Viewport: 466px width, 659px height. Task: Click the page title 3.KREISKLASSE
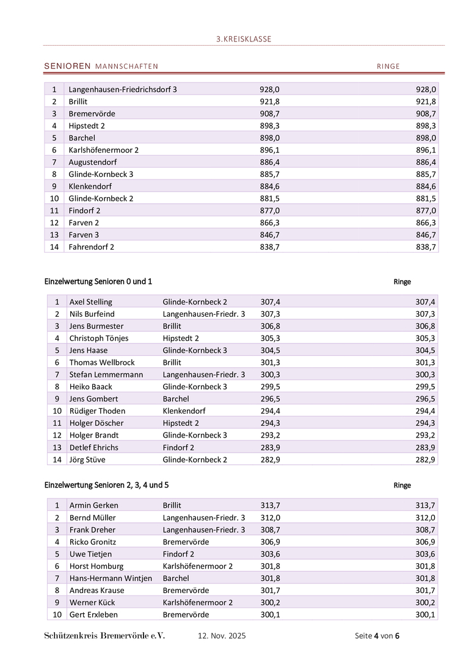click(244, 39)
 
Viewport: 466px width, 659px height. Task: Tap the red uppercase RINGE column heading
click(388, 66)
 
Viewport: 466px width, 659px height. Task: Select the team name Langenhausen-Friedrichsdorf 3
click(123, 89)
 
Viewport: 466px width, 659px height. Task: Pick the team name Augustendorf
click(92, 162)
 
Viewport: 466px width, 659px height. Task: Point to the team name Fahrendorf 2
click(92, 247)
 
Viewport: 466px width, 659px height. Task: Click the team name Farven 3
click(84, 235)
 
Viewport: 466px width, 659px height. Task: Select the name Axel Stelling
click(91, 301)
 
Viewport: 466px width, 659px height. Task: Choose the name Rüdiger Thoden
click(97, 411)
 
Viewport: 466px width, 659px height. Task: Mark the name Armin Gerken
click(94, 505)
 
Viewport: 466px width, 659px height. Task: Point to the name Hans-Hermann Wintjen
click(111, 578)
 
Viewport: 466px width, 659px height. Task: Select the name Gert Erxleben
click(93, 614)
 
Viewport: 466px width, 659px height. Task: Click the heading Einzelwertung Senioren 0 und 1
click(98, 281)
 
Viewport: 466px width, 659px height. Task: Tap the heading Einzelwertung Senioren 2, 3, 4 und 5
click(107, 485)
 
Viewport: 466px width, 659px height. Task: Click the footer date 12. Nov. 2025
click(222, 636)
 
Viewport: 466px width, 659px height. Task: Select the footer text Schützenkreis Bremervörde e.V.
click(104, 636)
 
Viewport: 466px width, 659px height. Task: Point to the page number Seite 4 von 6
click(377, 636)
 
